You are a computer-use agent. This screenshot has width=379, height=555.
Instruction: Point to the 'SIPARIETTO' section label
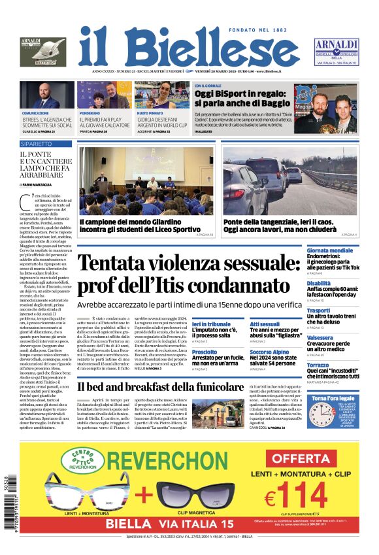coord(37,143)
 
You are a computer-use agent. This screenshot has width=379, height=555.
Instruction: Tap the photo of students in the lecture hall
coord(146,180)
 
